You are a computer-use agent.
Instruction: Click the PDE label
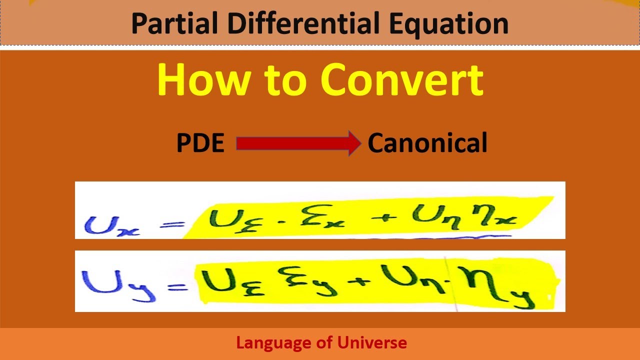pyautogui.click(x=200, y=144)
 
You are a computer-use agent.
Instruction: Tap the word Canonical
pyautogui.click(x=427, y=144)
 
